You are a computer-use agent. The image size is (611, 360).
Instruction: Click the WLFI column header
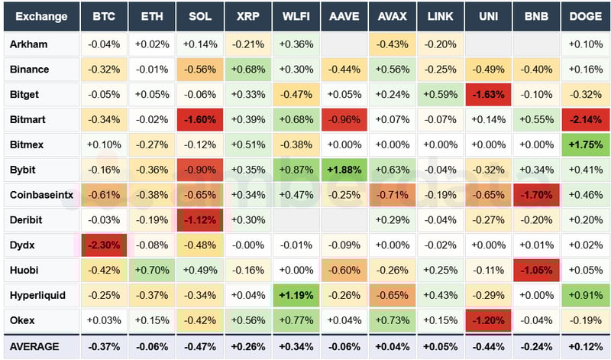pos(296,16)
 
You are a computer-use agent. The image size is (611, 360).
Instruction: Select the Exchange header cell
pos(41,16)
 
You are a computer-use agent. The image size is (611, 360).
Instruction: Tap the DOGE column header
pos(585,16)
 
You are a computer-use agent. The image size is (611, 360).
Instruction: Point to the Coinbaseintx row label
pos(41,195)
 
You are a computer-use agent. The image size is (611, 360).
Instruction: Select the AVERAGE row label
pos(34,346)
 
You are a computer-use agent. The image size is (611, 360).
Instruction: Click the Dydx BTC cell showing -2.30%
pos(104,245)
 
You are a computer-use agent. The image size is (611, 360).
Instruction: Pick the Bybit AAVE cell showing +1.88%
pos(344,170)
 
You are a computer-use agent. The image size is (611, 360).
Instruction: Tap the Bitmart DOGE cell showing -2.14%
pos(585,120)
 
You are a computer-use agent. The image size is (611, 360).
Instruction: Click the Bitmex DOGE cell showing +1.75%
pos(585,144)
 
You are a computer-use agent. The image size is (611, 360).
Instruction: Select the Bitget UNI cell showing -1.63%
pos(488,95)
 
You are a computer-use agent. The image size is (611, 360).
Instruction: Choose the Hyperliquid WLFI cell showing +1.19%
pos(296,295)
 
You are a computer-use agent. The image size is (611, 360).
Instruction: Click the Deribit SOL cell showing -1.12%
pos(200,220)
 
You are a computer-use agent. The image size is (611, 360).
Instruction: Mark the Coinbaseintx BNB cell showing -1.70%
pos(536,195)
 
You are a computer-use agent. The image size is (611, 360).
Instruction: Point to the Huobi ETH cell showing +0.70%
pos(151,270)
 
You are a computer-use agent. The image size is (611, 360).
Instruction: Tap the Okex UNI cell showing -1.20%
pos(488,320)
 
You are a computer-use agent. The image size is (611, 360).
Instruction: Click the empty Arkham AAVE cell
pos(344,44)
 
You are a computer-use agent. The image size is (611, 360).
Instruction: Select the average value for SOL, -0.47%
pos(200,346)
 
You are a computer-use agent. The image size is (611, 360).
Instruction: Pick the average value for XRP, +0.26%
pos(247,346)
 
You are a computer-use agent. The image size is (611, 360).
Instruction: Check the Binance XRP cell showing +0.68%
pos(247,70)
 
